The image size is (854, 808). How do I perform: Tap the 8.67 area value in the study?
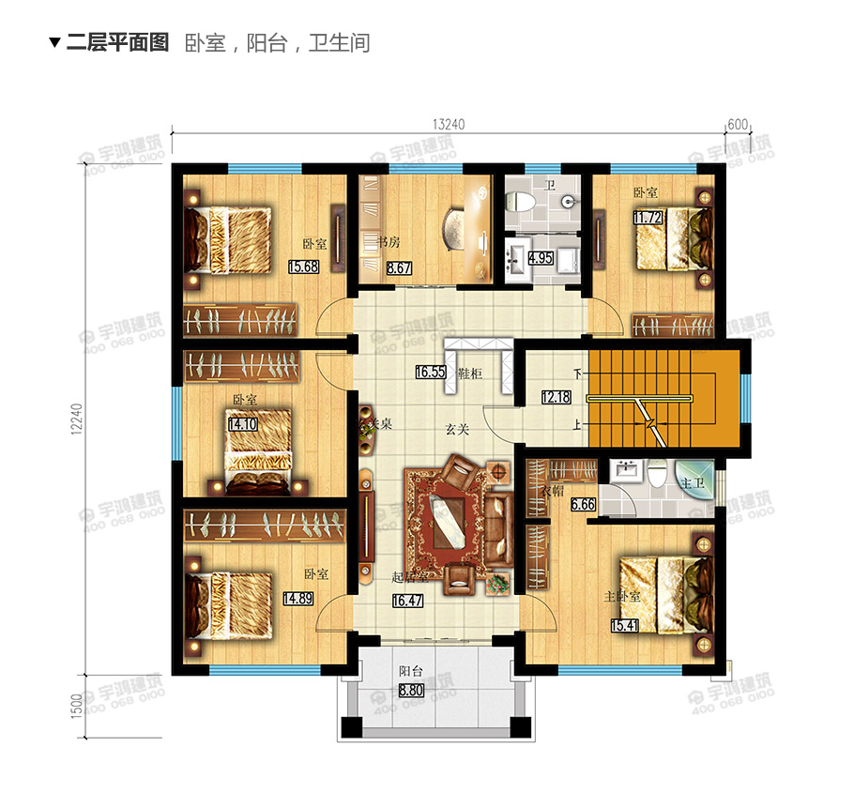[399, 267]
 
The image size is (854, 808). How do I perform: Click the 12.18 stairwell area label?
[556, 397]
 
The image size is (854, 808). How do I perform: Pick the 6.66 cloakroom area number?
[557, 504]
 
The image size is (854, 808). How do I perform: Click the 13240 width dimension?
[450, 124]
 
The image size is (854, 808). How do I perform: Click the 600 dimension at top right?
[738, 124]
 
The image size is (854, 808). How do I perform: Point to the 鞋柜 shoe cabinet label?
[468, 374]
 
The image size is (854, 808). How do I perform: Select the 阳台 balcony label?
[409, 671]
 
